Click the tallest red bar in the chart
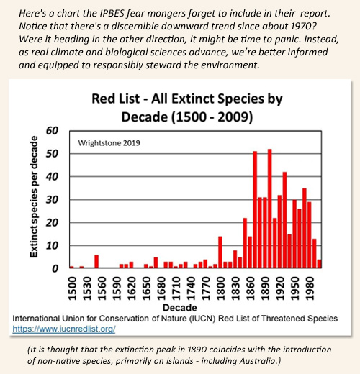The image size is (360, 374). click(270, 209)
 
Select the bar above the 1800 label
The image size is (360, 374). click(220, 252)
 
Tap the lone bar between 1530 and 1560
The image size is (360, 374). click(96, 261)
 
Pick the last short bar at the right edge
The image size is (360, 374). click(319, 264)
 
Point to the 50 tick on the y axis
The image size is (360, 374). click(52, 154)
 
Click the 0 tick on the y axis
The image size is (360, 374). click(55, 268)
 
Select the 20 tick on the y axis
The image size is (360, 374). click(52, 223)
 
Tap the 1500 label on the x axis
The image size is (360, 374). click(72, 288)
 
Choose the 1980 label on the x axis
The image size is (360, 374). click(310, 288)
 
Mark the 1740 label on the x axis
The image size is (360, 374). click(191, 288)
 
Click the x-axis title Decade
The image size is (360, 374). click(180, 308)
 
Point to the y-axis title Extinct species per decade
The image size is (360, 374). click(34, 197)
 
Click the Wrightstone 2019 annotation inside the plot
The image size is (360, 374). click(109, 143)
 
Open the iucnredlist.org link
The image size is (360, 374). click(64, 329)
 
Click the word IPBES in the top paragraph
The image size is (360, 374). click(112, 14)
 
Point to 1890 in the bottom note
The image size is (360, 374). click(197, 350)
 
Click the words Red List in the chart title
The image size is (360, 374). click(115, 99)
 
